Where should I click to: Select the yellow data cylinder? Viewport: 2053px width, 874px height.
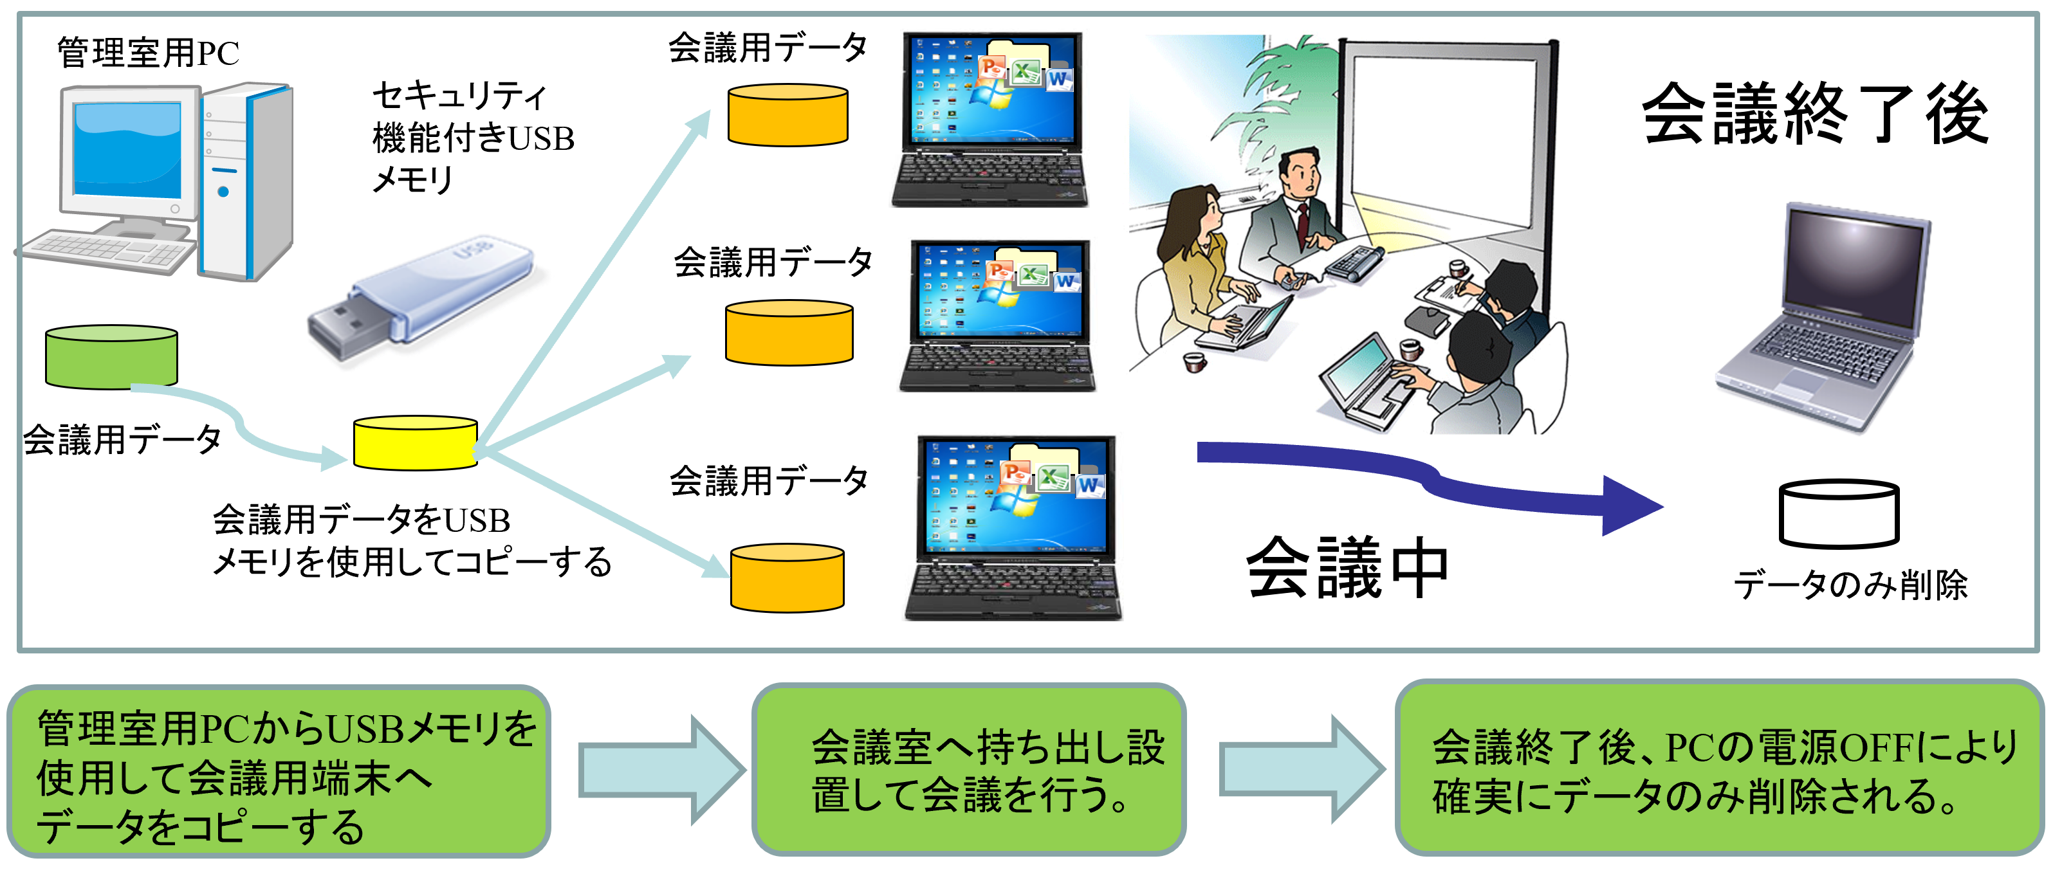(x=414, y=443)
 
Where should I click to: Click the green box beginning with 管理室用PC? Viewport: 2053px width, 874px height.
(x=279, y=770)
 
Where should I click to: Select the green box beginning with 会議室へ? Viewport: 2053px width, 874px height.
(x=968, y=769)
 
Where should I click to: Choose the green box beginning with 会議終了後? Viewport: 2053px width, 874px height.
(x=1719, y=768)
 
